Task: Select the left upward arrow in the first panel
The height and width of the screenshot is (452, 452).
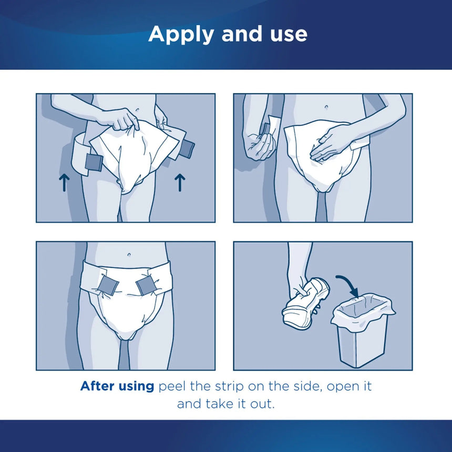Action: [x=64, y=182]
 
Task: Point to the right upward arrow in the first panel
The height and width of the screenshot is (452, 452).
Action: [x=180, y=182]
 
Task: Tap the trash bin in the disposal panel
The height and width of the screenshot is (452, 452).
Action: [x=363, y=331]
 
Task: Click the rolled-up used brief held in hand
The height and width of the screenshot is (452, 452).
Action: [x=305, y=304]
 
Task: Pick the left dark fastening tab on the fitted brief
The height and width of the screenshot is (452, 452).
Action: [x=109, y=284]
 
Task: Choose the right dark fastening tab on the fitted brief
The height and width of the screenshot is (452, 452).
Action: [x=146, y=286]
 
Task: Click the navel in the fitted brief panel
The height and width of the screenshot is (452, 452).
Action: [x=129, y=254]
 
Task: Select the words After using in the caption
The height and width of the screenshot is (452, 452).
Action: [x=117, y=386]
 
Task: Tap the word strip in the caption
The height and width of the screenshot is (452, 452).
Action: [x=232, y=387]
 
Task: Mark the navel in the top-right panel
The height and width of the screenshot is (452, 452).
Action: [x=326, y=107]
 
